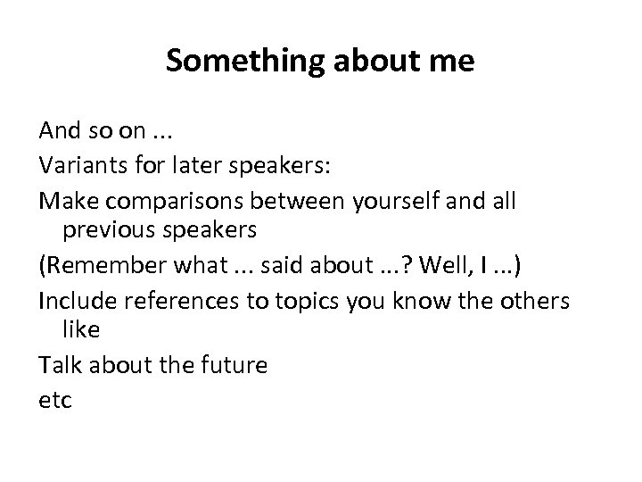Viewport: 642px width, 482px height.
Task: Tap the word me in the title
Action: click(x=454, y=62)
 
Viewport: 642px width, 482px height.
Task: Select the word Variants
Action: click(x=82, y=165)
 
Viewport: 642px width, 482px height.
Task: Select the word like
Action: click(x=80, y=330)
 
